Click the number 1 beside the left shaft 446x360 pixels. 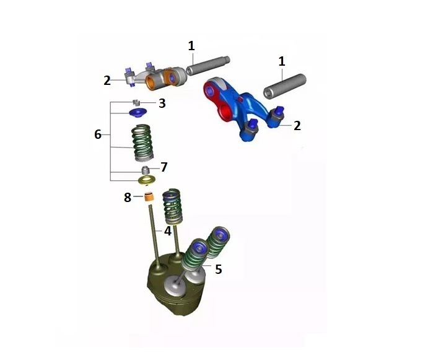[191, 45]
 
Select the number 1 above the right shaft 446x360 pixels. [282, 61]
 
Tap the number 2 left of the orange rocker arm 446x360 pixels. [107, 80]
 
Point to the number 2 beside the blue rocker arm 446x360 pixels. [297, 125]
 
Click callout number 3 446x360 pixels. [162, 103]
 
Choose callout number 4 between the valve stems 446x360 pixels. [168, 231]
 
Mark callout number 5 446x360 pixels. [218, 269]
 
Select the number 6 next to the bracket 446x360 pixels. [98, 134]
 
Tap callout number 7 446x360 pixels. [164, 167]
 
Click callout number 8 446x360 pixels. [128, 198]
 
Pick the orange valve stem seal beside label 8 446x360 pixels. [149, 198]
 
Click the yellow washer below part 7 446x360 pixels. [147, 180]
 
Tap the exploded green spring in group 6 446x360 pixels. [143, 142]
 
